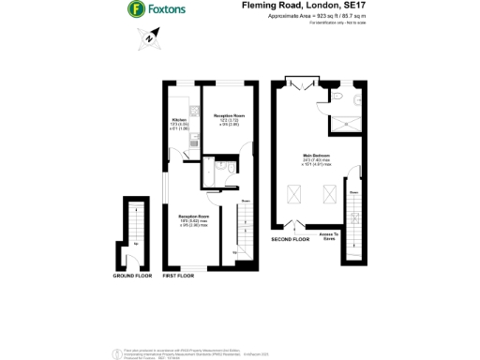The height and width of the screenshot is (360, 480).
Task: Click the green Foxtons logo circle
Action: click(136, 11)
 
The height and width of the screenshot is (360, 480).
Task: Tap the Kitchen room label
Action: click(178, 121)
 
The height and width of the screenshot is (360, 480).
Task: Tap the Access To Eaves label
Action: click(328, 235)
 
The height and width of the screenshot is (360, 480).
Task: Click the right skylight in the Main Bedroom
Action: click(329, 194)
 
